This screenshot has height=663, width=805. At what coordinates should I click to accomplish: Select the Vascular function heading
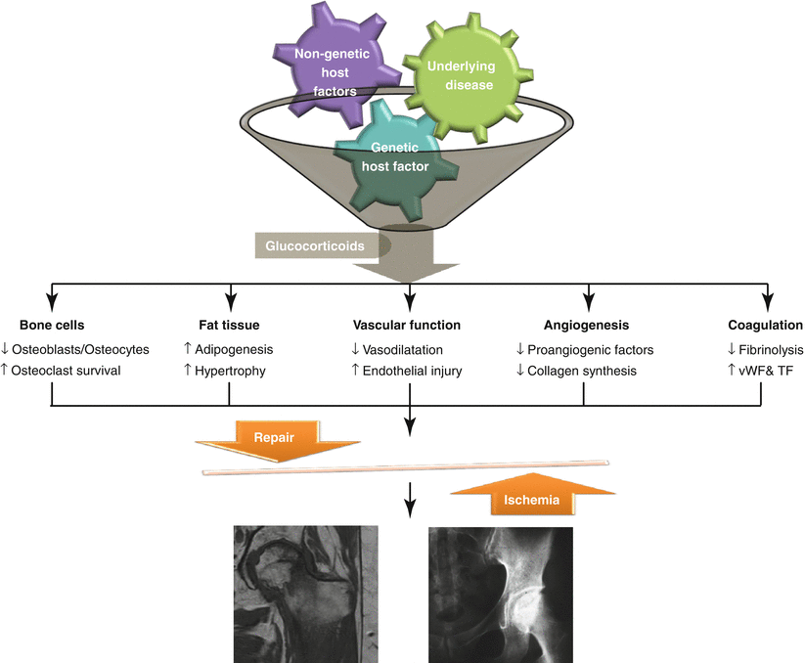[407, 326]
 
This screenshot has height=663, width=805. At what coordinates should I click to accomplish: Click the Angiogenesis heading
[586, 326]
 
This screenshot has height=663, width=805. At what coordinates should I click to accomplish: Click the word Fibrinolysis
[774, 349]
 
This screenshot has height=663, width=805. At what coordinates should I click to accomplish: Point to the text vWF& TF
[770, 372]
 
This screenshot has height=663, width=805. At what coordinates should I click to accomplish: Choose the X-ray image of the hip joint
[501, 593]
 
